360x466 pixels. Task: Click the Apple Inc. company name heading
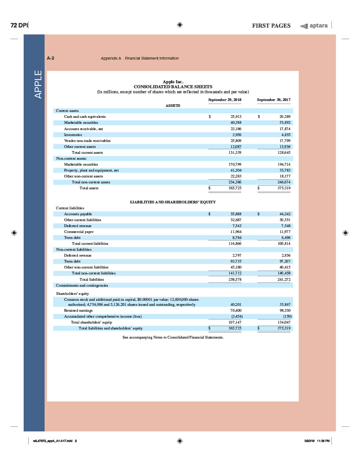172,82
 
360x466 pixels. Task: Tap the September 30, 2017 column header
274,99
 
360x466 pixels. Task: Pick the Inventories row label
73,135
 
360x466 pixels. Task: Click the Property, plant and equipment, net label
91,170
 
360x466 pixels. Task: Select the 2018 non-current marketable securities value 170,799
234,164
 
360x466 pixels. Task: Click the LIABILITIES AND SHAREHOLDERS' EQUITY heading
172,202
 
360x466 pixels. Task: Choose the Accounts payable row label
78,214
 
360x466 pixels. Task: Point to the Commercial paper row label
79,232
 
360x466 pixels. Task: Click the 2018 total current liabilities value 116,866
234,243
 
